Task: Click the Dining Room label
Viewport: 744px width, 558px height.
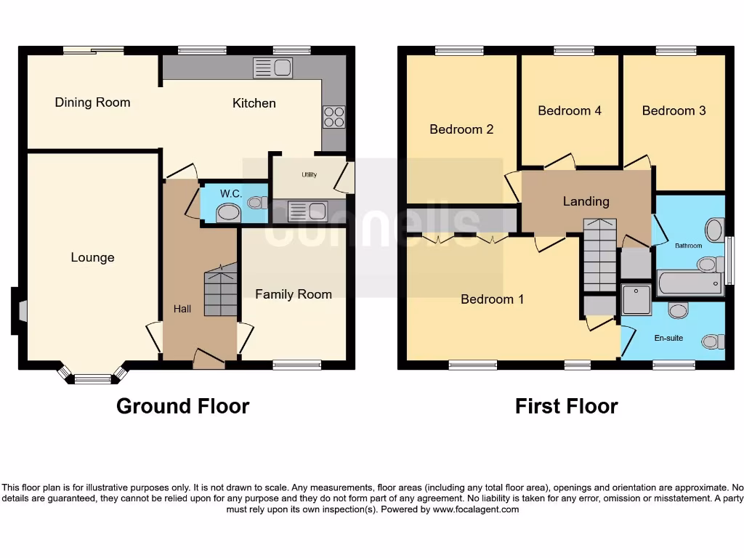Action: pos(92,102)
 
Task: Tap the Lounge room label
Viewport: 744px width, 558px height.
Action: pos(92,257)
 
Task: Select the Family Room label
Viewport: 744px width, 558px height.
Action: pos(293,294)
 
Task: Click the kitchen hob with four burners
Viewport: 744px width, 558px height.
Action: pos(333,117)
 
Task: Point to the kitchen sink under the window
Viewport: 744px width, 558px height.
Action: pos(272,68)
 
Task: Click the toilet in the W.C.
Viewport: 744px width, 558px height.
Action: pos(256,202)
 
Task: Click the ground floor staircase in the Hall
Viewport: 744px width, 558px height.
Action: pos(221,291)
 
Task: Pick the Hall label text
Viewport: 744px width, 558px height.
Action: pos(182,309)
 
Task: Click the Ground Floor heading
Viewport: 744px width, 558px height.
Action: pos(182,406)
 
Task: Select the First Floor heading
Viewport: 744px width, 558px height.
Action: pos(566,406)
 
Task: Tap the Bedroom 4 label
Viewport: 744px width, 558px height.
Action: pos(570,110)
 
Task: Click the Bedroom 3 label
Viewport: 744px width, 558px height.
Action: pos(674,110)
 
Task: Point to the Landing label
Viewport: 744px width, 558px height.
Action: pos(586,201)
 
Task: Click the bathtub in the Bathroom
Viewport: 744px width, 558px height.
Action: pos(690,283)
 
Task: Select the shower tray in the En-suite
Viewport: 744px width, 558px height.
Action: pos(636,300)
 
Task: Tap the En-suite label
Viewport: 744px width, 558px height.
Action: pos(668,338)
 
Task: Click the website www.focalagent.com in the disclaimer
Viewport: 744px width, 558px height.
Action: pos(476,509)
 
